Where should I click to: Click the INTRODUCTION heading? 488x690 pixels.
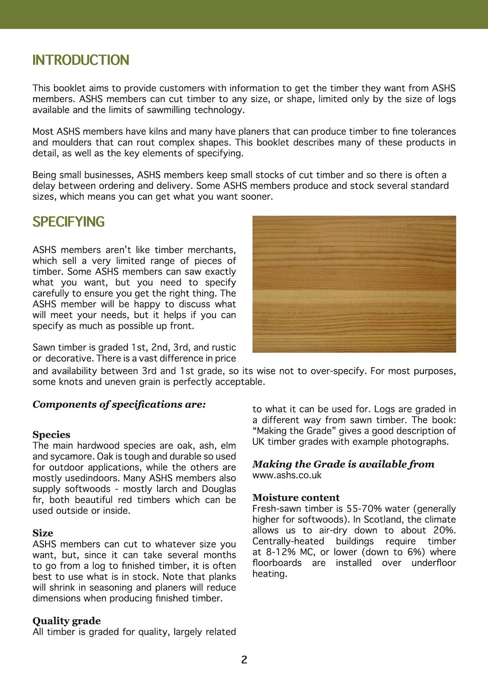(x=80, y=60)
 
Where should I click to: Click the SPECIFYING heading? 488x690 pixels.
(x=68, y=222)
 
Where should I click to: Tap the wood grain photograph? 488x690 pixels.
(x=354, y=284)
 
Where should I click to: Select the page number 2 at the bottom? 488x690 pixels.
(x=244, y=660)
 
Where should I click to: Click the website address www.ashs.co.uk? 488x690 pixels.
(x=287, y=475)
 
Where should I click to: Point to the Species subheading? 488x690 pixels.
(x=51, y=435)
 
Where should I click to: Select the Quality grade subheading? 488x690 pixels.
(x=67, y=621)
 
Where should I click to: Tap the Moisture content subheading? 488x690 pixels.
(x=296, y=498)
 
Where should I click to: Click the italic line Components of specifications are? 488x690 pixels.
(x=119, y=405)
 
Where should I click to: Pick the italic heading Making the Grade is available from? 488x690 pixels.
(x=343, y=464)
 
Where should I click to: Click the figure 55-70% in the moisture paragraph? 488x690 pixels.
(x=364, y=509)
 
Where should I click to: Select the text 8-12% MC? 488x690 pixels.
(x=289, y=552)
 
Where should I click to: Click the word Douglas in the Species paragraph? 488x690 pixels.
(x=219, y=489)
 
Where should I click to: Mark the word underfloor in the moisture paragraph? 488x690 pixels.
(x=433, y=563)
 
